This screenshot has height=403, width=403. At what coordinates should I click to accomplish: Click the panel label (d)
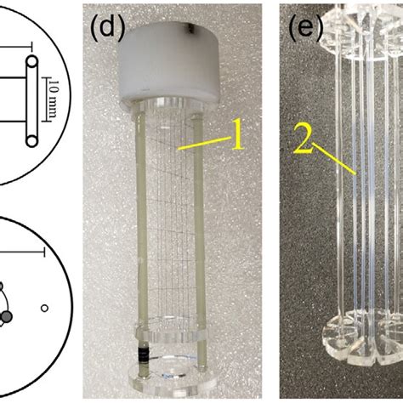click(x=108, y=27)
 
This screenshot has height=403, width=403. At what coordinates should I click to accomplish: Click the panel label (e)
click(x=305, y=27)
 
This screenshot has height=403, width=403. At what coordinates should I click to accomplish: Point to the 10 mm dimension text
click(x=54, y=99)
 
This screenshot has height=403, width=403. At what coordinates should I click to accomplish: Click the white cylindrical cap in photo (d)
click(x=168, y=65)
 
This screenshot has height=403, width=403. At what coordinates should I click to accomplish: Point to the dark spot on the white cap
click(x=188, y=27)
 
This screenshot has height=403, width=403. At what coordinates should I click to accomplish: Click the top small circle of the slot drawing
click(x=32, y=61)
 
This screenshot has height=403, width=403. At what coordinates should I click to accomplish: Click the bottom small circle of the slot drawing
click(x=32, y=141)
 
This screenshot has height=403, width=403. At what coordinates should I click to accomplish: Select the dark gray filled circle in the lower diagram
click(x=8, y=316)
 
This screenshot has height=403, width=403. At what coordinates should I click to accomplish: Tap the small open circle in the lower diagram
click(x=44, y=308)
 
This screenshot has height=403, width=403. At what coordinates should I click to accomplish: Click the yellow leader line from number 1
click(x=205, y=143)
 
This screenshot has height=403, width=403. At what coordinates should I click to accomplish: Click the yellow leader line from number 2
click(x=334, y=159)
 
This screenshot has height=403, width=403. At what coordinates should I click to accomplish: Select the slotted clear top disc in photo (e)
click(x=363, y=31)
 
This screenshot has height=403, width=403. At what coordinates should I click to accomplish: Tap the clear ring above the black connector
click(x=171, y=335)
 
